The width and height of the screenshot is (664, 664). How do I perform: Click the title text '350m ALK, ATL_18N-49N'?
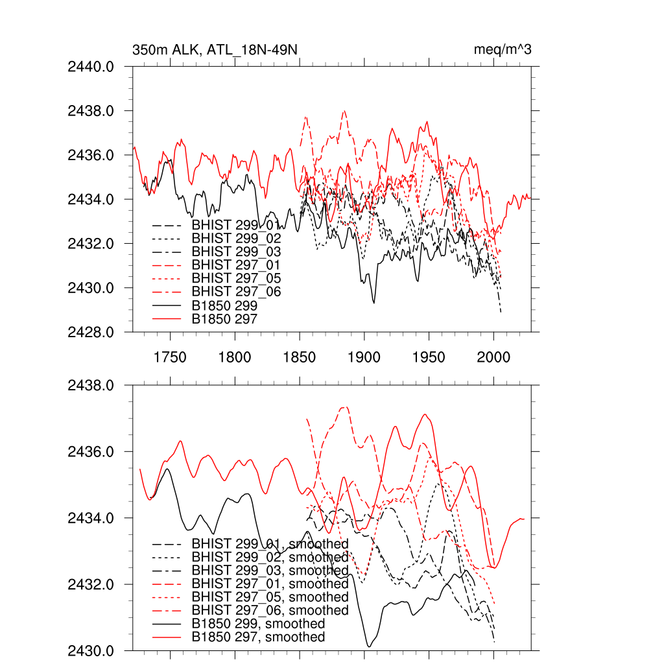click(215, 50)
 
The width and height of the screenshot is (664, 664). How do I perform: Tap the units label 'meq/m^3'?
click(503, 50)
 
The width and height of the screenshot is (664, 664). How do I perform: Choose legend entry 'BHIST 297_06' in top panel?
click(236, 292)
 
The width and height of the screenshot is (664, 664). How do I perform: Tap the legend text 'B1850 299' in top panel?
click(224, 305)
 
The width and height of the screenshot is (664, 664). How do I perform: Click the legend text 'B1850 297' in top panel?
click(224, 319)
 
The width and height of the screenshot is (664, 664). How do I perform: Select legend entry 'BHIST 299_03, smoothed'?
click(270, 571)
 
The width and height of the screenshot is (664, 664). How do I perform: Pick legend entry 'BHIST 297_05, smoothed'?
click(270, 597)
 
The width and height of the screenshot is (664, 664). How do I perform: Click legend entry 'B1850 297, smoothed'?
click(258, 637)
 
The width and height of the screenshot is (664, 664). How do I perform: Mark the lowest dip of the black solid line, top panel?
click(373, 303)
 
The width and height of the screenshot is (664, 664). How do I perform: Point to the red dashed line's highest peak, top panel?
click(344, 111)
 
